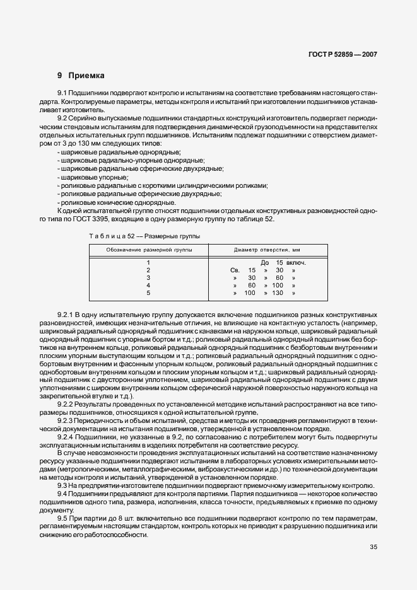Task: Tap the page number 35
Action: coord(373,547)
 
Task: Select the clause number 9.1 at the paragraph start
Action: coord(63,93)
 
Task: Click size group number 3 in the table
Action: coord(148,277)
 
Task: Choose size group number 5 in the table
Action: coord(148,293)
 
